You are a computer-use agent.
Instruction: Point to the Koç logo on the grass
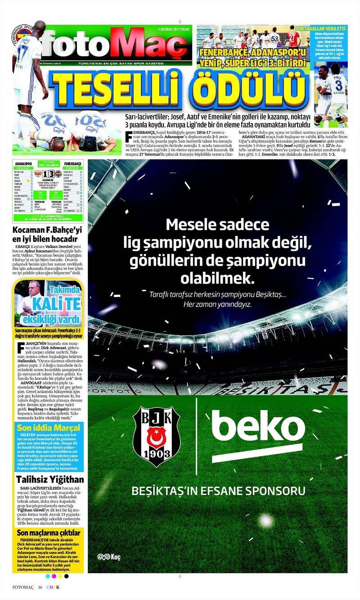tap(109, 557)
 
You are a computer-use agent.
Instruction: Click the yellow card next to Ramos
tap(27, 181)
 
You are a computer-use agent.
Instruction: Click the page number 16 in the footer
tap(40, 587)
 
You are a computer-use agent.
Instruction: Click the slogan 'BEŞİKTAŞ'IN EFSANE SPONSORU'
tap(218, 490)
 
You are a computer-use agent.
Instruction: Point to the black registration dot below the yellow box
tap(66, 576)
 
